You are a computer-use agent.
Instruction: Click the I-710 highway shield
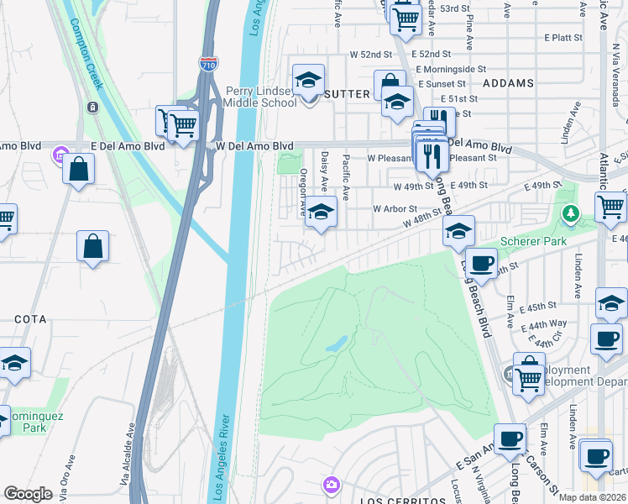point(207,63)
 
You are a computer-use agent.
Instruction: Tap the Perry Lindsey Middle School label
point(260,97)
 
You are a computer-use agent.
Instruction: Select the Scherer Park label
point(535,241)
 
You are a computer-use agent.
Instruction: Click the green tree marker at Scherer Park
point(571,213)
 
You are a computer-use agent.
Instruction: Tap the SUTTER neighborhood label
point(347,94)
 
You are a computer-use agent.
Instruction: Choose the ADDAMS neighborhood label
point(509,84)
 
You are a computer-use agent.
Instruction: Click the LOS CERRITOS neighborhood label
point(402,501)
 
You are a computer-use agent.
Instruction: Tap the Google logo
point(28,494)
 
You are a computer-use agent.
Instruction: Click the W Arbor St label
point(395,208)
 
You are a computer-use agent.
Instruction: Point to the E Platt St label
point(563,38)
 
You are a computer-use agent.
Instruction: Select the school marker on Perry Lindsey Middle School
point(308,81)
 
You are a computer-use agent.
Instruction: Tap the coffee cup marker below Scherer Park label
point(481,263)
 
